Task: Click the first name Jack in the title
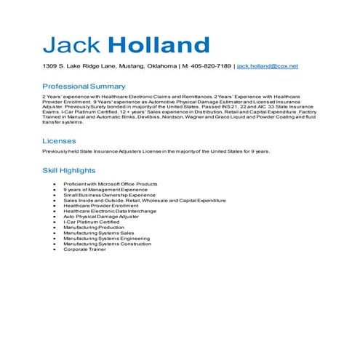72,45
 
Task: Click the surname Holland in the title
159,45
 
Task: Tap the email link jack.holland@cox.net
268,66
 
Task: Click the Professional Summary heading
84,86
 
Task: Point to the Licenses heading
59,141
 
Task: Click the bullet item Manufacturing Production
93,227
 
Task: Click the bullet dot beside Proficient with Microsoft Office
55,184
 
